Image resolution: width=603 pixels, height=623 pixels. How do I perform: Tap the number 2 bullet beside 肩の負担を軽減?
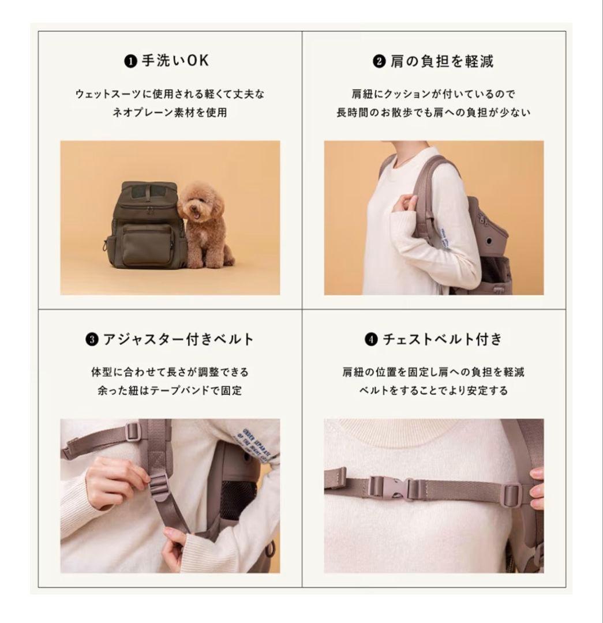click(x=379, y=61)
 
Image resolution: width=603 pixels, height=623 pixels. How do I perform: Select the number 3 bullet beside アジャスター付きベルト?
click(x=92, y=340)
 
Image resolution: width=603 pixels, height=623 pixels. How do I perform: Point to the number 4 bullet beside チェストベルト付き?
click(x=372, y=340)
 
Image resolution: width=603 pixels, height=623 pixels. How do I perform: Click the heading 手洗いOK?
click(x=175, y=61)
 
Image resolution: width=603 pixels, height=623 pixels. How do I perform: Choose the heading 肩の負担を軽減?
click(x=441, y=61)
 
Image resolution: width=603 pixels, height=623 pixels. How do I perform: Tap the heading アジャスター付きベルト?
click(x=178, y=339)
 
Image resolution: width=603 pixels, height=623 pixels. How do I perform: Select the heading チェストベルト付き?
click(x=442, y=339)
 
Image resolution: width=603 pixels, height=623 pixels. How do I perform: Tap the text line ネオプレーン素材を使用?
click(x=170, y=112)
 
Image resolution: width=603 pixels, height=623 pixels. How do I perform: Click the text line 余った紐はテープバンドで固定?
click(x=170, y=391)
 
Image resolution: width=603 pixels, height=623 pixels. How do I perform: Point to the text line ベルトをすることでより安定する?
click(x=433, y=391)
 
